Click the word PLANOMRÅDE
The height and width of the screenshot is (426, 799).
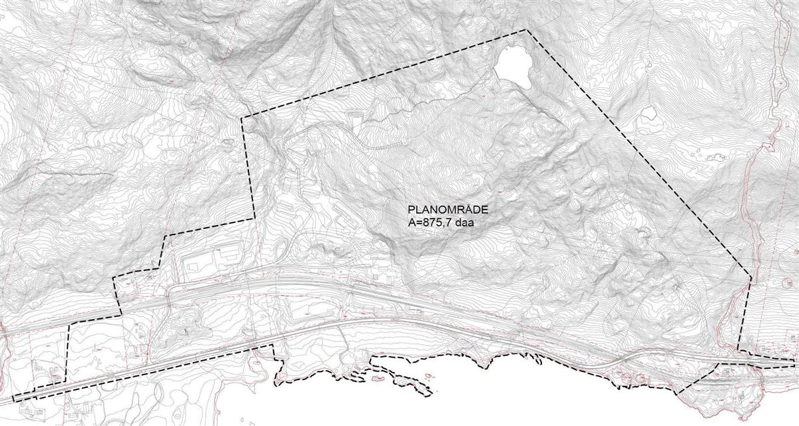(443, 209)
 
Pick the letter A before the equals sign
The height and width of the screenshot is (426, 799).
(411, 222)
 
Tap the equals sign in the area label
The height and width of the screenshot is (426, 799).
(418, 222)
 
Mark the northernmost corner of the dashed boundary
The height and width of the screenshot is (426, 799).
(527, 30)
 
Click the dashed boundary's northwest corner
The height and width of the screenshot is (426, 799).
(242, 118)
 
